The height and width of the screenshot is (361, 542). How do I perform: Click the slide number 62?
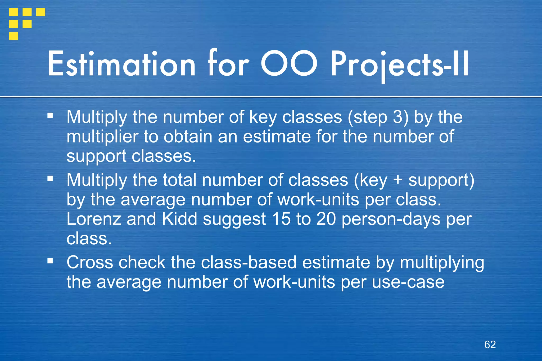click(490, 345)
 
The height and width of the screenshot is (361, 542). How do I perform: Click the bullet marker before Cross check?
click(50, 261)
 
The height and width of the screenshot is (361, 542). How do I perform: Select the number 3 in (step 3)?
click(398, 117)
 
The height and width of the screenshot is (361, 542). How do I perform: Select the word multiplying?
click(442, 263)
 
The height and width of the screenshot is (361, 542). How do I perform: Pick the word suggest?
click(234, 220)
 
